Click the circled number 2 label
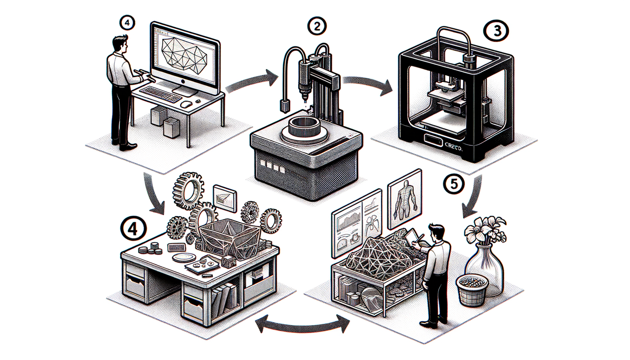pyautogui.click(x=317, y=27)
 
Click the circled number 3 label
pyautogui.click(x=497, y=31)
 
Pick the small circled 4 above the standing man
pyautogui.click(x=127, y=23)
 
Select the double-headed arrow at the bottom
pyautogui.click(x=302, y=323)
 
